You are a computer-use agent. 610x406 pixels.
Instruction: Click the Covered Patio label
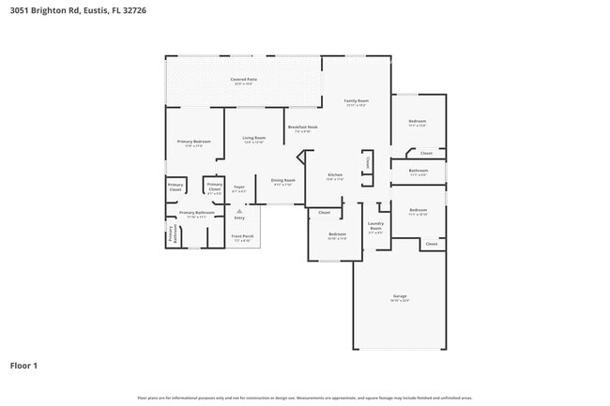tap(244, 80)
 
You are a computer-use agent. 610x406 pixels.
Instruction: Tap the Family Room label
tap(356, 101)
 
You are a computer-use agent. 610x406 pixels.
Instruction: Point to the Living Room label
tap(254, 139)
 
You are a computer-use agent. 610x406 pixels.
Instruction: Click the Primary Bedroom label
tap(193, 143)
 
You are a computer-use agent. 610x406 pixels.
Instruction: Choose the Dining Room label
tap(282, 181)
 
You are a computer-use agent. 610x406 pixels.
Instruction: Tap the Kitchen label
tap(335, 175)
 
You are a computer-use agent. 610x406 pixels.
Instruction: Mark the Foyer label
tap(239, 188)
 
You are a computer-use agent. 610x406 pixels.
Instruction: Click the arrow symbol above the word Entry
tap(238, 211)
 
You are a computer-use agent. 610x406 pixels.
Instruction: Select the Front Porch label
tap(241, 236)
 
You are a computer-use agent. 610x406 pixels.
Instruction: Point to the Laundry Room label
tap(375, 225)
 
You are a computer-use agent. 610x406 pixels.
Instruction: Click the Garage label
tap(400, 297)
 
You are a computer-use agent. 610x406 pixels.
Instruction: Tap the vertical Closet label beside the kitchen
tap(368, 162)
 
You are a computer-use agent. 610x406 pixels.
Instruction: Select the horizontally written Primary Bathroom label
tap(198, 213)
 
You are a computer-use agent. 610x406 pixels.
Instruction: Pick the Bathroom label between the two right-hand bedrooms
tap(418, 172)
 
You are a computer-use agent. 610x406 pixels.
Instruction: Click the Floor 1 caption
tap(23, 365)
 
